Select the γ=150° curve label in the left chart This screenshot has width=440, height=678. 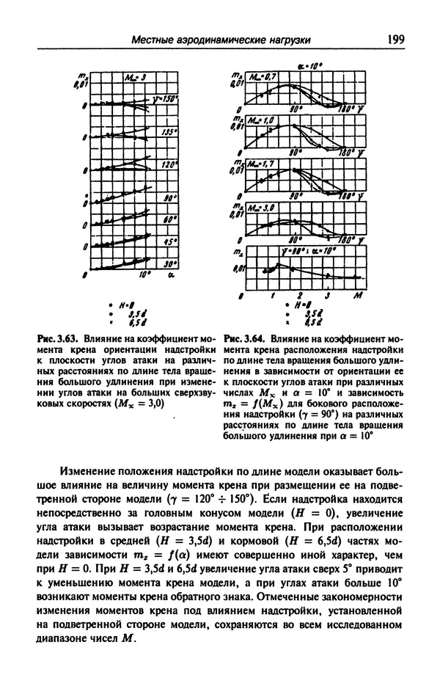coord(166,98)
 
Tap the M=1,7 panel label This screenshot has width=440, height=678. coord(261,164)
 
